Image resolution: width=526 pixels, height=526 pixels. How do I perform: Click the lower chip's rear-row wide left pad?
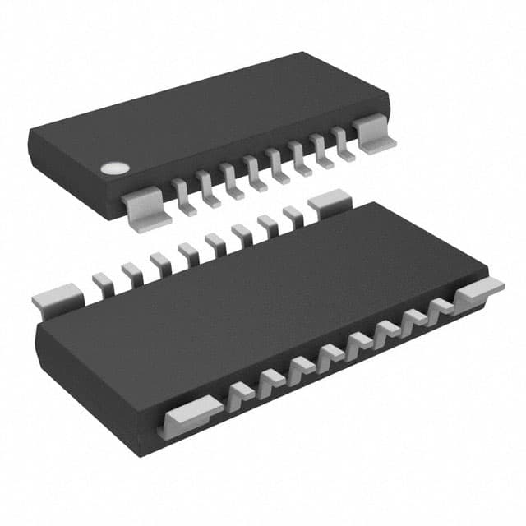(x=58, y=297)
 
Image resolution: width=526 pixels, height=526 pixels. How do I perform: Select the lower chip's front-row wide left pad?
(x=191, y=413)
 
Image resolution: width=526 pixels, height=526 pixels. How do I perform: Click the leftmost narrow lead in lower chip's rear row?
(x=104, y=283)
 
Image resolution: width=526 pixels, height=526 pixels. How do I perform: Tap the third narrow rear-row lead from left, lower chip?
(x=159, y=263)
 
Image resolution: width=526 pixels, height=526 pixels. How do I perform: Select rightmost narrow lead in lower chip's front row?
(x=442, y=307)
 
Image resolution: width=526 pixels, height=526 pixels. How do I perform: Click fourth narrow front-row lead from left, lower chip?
(x=330, y=354)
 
